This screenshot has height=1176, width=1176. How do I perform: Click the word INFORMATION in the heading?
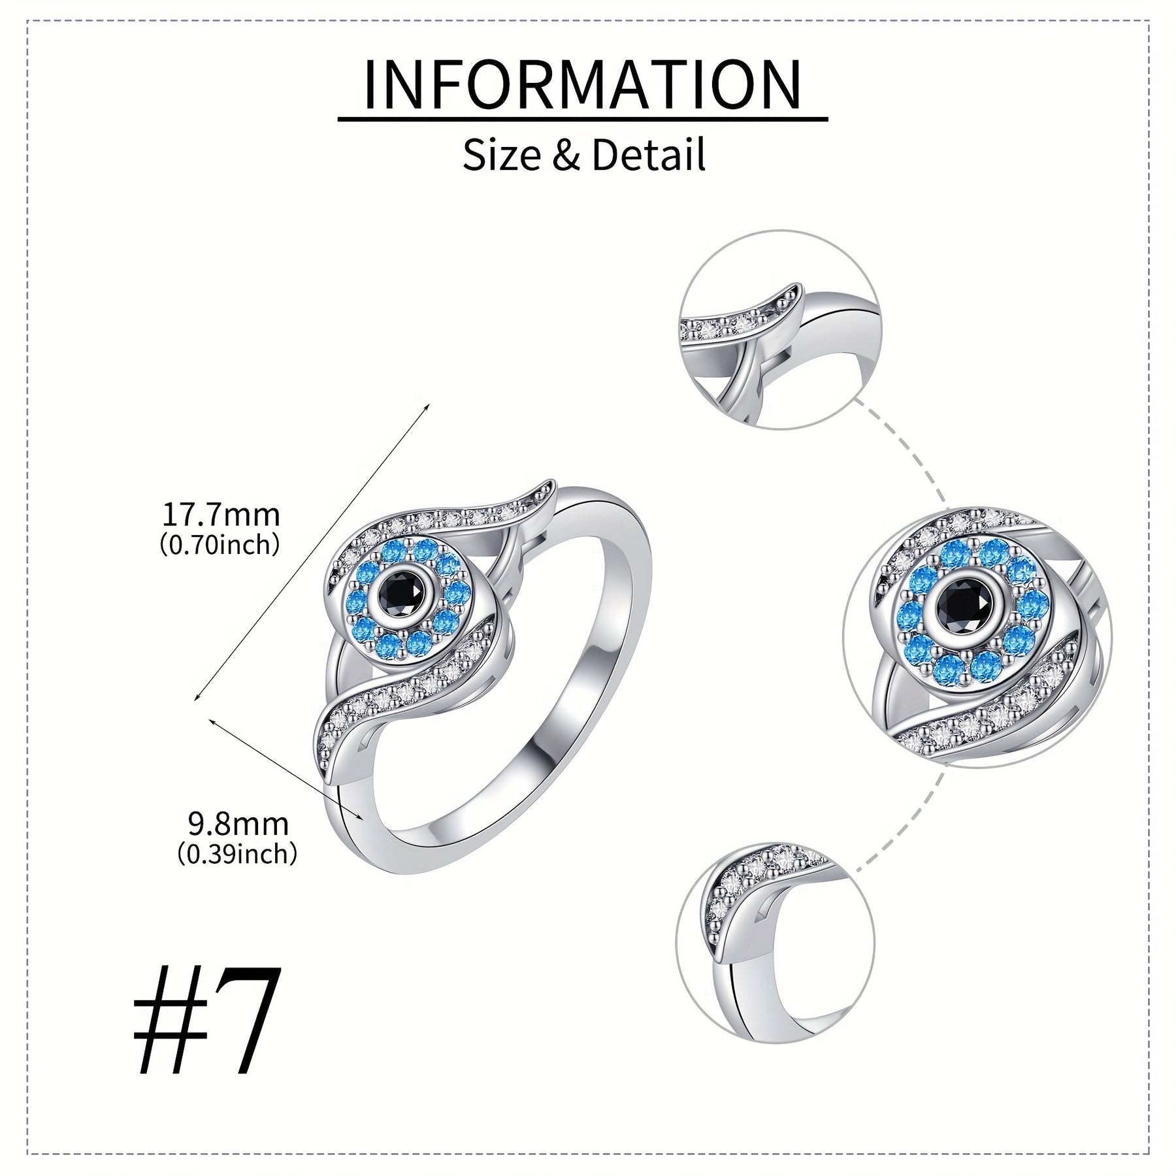pyautogui.click(x=581, y=84)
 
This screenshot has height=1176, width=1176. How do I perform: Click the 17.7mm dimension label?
pyautogui.click(x=221, y=515)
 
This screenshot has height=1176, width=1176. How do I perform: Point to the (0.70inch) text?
pyautogui.click(x=220, y=544)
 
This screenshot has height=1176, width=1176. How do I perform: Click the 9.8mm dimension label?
pyautogui.click(x=238, y=825)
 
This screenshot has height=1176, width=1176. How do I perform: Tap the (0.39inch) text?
pyautogui.click(x=238, y=853)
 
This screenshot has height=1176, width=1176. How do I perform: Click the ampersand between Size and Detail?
pyautogui.click(x=566, y=155)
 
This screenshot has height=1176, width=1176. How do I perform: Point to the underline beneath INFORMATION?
pyautogui.click(x=583, y=119)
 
